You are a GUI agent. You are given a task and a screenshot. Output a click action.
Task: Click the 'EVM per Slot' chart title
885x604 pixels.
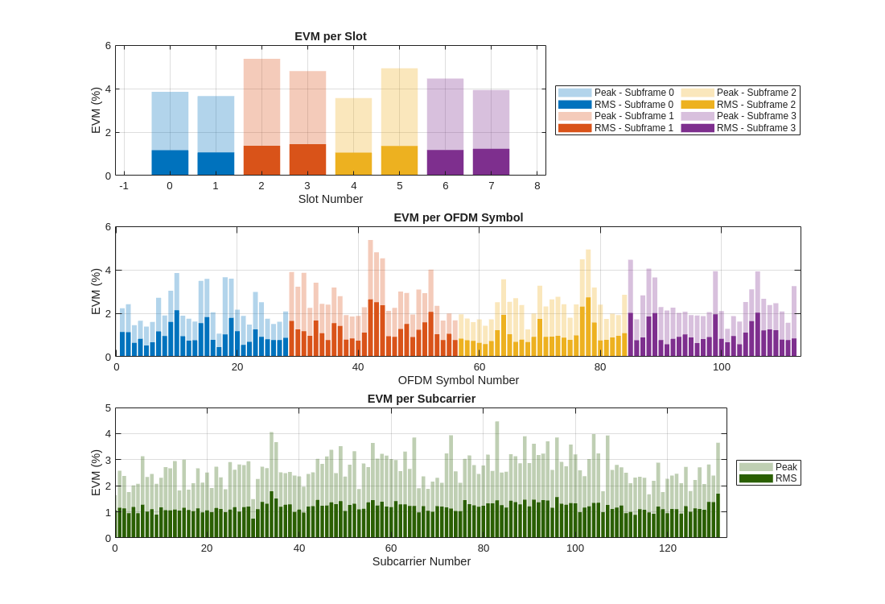(x=330, y=36)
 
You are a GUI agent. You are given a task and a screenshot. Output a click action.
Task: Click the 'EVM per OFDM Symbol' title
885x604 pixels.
(x=458, y=217)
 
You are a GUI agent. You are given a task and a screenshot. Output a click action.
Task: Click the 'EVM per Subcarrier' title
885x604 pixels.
(x=421, y=399)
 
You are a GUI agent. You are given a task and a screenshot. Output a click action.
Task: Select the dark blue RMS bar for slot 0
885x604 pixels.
(x=170, y=163)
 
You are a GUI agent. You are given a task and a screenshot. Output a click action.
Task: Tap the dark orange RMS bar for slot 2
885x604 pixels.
(x=261, y=160)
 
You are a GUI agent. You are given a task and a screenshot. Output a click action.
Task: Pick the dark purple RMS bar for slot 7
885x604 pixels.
(x=491, y=162)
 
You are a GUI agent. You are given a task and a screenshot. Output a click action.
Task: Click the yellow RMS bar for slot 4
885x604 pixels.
(x=353, y=163)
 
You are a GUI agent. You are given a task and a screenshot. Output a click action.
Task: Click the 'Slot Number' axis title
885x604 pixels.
(x=330, y=199)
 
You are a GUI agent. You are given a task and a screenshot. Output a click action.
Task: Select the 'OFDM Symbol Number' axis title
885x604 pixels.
(x=458, y=380)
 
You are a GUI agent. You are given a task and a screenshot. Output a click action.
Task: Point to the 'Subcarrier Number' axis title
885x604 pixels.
(x=421, y=561)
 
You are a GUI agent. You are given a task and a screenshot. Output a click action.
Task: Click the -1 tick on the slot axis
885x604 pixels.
(x=124, y=186)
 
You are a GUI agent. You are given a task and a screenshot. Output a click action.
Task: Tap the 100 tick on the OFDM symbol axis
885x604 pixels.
(x=722, y=367)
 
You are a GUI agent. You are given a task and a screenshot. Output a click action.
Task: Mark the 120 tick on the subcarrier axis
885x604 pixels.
(x=668, y=548)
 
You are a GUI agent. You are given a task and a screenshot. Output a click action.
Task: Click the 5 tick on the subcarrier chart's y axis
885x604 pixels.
(x=109, y=408)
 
